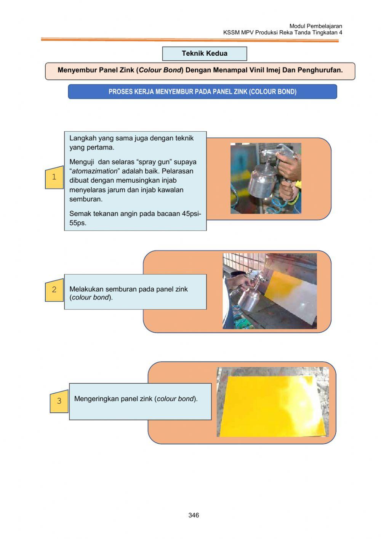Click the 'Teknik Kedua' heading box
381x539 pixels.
205,53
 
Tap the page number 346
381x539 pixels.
194,515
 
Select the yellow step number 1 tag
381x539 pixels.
54,177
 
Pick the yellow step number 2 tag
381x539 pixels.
54,290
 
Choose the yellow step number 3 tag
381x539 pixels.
59,401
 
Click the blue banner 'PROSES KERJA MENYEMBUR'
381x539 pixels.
202,92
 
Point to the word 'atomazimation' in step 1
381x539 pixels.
95,171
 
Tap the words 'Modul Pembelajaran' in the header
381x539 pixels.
315,26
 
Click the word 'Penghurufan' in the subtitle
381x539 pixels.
319,70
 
